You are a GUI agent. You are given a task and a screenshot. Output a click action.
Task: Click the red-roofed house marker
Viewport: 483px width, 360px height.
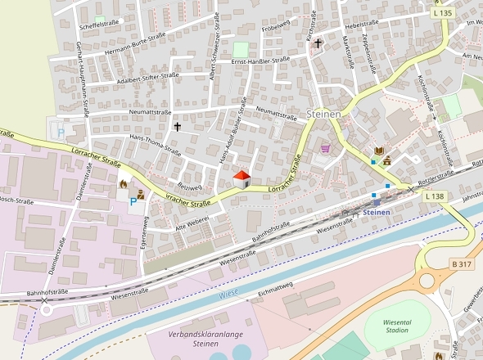[x=241, y=178]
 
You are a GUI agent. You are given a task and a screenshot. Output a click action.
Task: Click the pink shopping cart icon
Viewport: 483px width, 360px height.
[x=326, y=148]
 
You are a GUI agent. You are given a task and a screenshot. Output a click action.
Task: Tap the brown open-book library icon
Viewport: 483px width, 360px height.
[x=378, y=151]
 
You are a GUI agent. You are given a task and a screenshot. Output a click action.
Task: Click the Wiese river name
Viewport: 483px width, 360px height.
[x=228, y=292]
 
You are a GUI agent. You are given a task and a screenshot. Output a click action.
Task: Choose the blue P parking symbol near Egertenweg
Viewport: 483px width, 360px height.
[x=133, y=201]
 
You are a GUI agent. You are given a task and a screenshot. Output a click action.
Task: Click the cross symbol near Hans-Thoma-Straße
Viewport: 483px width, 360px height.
[x=177, y=127]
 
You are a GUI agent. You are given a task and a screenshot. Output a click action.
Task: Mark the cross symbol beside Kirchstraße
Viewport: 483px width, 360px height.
[x=318, y=43]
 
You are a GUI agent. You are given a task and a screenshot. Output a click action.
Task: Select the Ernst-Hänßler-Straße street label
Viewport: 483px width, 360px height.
[x=260, y=61]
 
